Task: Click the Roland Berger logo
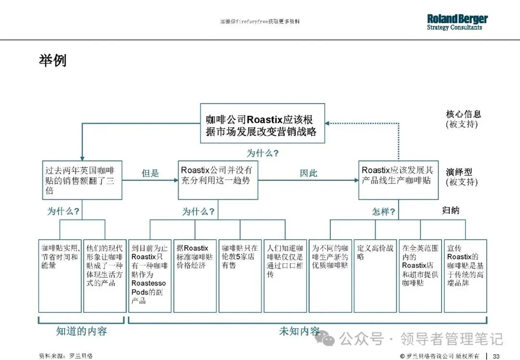click(x=457, y=22)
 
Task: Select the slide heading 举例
click(x=52, y=61)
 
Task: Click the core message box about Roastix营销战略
click(x=262, y=123)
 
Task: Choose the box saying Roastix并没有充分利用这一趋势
click(x=217, y=180)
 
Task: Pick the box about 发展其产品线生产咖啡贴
click(x=398, y=180)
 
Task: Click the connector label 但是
click(x=150, y=173)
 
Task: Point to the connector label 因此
click(x=309, y=173)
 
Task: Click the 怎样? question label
click(x=384, y=211)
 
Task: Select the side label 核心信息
click(x=463, y=114)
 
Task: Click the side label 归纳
click(x=451, y=210)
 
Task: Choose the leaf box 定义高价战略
click(x=375, y=276)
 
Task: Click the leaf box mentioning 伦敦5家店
click(x=239, y=276)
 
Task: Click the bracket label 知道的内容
click(x=81, y=331)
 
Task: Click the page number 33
click(x=496, y=356)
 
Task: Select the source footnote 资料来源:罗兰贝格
click(x=65, y=356)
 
